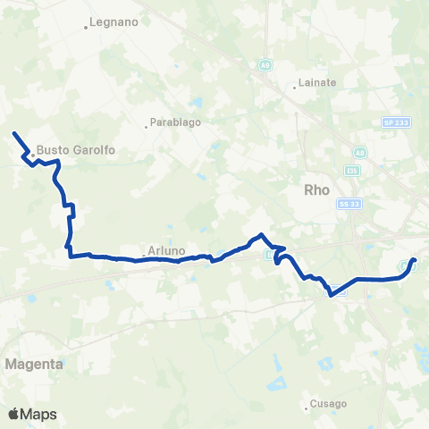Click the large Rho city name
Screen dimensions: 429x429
pos(318,189)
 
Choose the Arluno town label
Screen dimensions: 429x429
pos(165,251)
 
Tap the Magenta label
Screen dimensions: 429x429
pos(34,365)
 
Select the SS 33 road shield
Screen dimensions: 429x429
pos(349,205)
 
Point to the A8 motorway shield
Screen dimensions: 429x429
pos(358,152)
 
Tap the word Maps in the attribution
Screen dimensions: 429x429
pos(39,414)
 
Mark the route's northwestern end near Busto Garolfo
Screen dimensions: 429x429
pos(13,133)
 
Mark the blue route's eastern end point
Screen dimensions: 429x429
pos(414,260)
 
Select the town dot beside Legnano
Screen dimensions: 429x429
pos(86,27)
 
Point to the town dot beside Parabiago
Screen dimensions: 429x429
pos(147,126)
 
